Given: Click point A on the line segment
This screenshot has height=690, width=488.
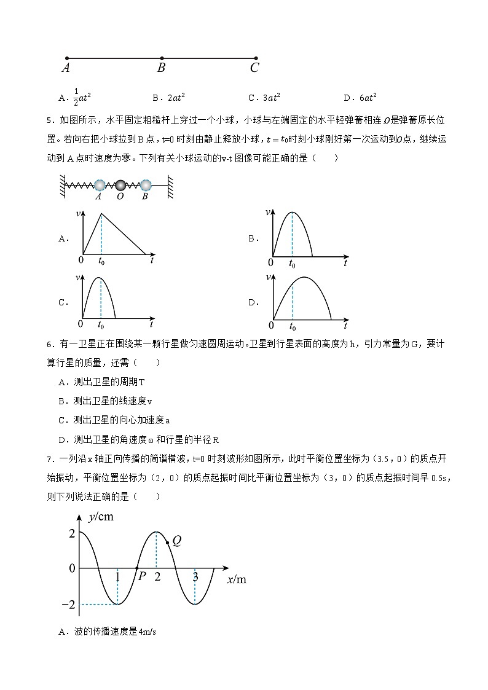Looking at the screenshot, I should tap(66, 59).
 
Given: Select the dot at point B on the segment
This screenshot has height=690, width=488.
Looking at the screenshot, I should tap(162, 59).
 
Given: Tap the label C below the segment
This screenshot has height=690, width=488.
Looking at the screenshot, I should tap(254, 68).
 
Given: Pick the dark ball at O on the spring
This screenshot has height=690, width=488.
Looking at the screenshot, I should tap(121, 184).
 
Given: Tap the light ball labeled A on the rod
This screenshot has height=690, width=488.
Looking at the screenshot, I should tap(100, 184).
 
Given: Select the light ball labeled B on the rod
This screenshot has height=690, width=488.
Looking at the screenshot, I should tap(146, 184).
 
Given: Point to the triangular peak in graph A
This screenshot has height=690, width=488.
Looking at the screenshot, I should tap(101, 213).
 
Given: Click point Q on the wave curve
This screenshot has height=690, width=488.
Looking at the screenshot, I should tap(168, 543).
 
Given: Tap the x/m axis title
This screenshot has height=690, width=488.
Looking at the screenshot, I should tap(236, 579).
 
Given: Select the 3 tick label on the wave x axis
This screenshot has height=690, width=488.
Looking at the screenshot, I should tap(195, 577).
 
